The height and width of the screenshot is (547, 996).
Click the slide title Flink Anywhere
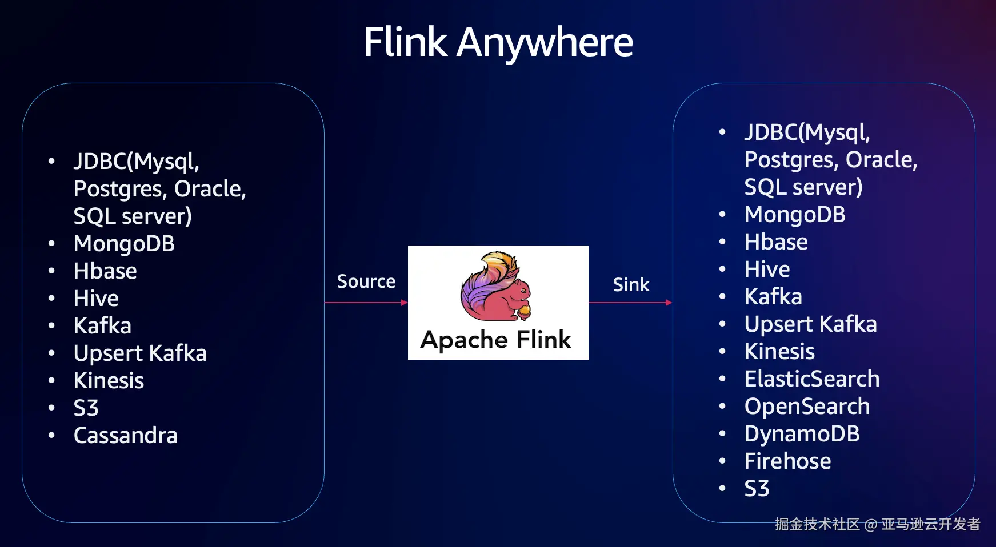pos(498,42)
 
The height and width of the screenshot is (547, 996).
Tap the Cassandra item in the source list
pos(125,436)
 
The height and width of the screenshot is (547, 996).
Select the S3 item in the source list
pos(86,408)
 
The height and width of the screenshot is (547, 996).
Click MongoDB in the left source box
pos(124,244)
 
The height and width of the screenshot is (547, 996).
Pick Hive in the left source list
pos(96,299)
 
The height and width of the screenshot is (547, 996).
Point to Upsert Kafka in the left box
pos(140,353)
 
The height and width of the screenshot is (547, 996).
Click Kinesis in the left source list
pos(109,381)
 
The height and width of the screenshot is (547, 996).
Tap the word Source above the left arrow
pos(366,281)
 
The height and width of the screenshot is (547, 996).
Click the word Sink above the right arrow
pos(631,284)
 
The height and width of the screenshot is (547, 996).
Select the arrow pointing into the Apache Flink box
pos(366,303)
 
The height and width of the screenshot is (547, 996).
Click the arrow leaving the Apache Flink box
pos(630,303)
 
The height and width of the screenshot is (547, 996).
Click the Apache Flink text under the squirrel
pos(495,340)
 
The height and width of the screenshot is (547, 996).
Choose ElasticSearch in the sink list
pos(811,379)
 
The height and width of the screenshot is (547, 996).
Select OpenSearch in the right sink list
pos(807,407)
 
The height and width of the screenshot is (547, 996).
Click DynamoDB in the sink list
pos(802,434)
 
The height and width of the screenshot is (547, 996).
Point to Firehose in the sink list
pos(787,461)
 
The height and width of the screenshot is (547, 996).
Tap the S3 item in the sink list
pos(757,489)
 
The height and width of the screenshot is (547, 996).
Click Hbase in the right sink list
pos(775,242)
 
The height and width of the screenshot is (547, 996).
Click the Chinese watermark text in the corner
pos(877,524)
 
